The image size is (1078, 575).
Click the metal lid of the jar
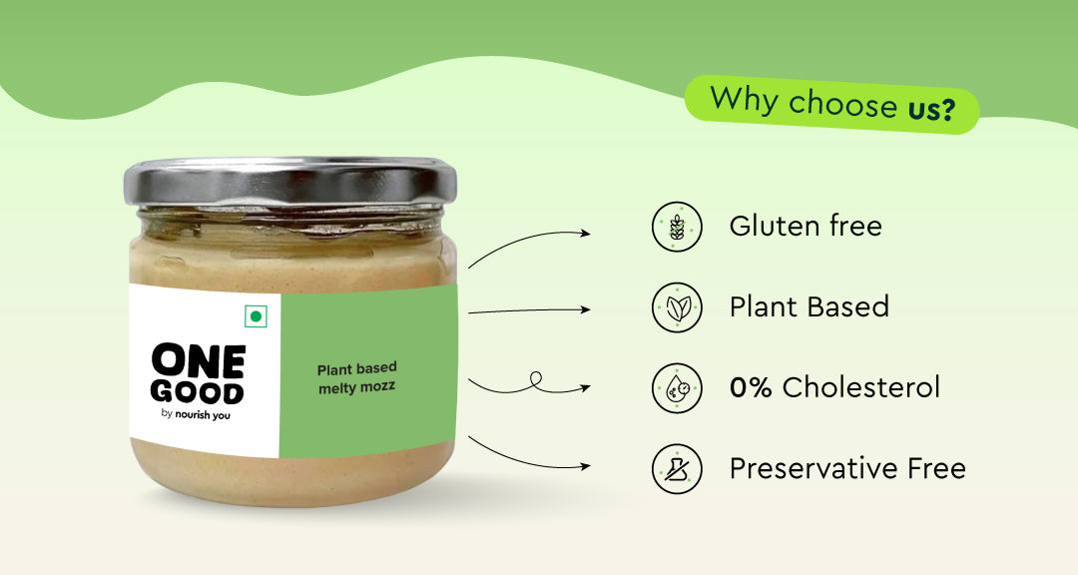click(290, 182)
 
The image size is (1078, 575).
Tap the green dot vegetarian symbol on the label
click(256, 316)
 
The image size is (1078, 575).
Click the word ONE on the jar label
click(199, 361)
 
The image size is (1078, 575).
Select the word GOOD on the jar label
click(198, 392)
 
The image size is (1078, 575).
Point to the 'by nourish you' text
click(196, 414)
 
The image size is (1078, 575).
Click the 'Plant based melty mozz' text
click(356, 378)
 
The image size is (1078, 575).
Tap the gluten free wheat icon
click(677, 227)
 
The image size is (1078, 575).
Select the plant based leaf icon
click(677, 307)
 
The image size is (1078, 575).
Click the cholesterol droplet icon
click(677, 388)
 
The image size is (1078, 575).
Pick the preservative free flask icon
click(677, 469)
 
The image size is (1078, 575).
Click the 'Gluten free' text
click(806, 226)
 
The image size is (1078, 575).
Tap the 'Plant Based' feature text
click(809, 306)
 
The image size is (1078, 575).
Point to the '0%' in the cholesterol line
click(751, 388)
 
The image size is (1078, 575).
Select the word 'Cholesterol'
click(860, 387)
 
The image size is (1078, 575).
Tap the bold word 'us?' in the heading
click(931, 109)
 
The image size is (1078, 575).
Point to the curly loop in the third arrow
click(536, 380)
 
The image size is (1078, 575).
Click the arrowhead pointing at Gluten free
click(586, 234)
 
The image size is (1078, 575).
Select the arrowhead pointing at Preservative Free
click(586, 466)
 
